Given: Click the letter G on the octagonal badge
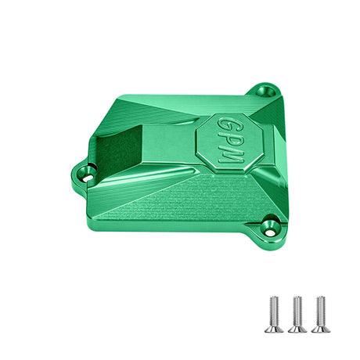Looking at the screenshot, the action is [226, 125].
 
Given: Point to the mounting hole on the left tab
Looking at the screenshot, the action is [86, 175].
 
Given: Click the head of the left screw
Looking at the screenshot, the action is [274, 329].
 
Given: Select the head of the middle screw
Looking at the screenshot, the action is [297, 329].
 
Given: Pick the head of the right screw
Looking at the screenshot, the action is [321, 329].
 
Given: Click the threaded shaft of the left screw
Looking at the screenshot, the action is [274, 311].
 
